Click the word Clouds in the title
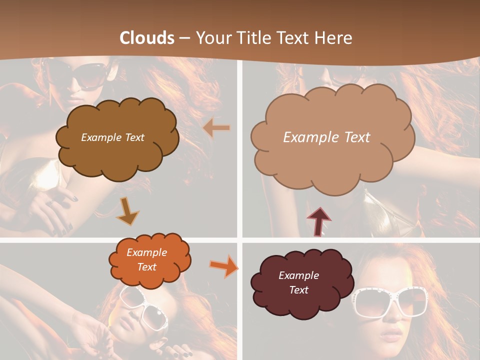pyautogui.click(x=147, y=38)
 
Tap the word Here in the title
pyautogui.click(x=333, y=38)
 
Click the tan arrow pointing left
pyautogui.click(x=216, y=128)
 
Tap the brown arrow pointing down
pyautogui.click(x=127, y=210)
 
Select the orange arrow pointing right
pyautogui.click(x=224, y=266)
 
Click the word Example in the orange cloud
pyautogui.click(x=147, y=252)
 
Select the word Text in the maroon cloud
pyautogui.click(x=298, y=290)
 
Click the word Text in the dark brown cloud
pyautogui.click(x=133, y=137)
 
